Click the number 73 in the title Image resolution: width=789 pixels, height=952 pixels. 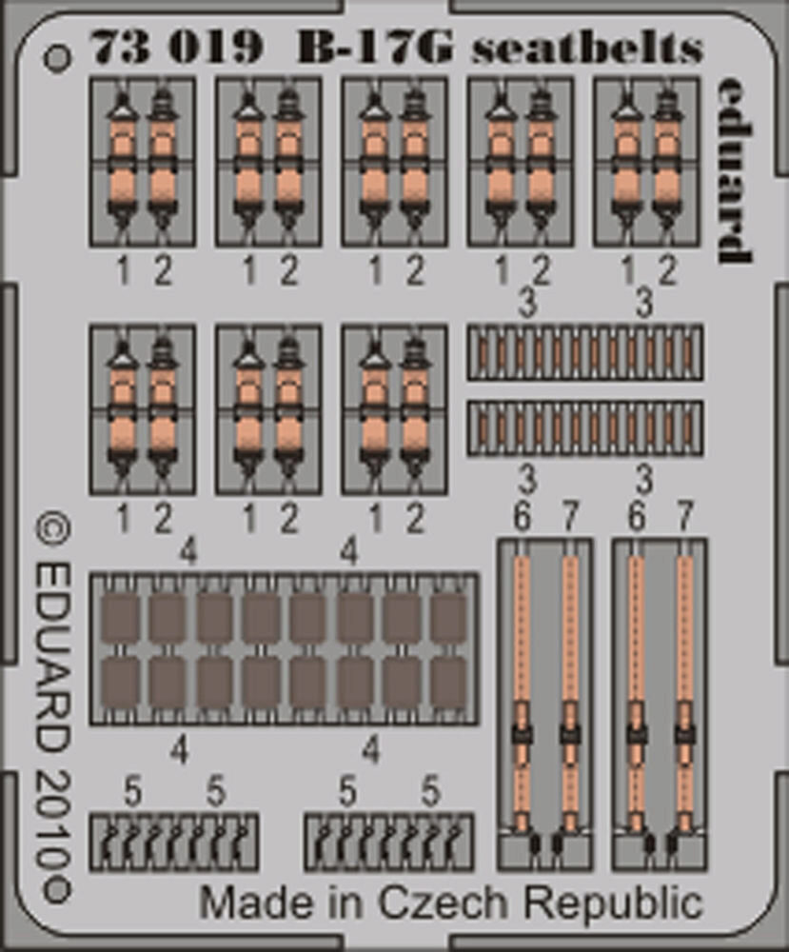(x=115, y=48)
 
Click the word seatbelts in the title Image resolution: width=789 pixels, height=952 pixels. (x=587, y=48)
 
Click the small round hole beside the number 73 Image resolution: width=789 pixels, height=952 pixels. (x=57, y=57)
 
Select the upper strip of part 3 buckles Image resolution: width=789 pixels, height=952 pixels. (x=584, y=352)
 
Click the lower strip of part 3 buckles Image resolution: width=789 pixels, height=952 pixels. (x=584, y=427)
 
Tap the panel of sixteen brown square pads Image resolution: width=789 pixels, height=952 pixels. (x=284, y=647)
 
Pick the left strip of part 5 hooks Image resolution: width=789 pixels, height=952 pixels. (x=174, y=842)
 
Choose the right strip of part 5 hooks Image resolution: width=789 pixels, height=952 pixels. (x=388, y=842)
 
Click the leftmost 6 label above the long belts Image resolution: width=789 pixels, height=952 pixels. (x=522, y=518)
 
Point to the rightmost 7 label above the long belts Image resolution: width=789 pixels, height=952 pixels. (x=683, y=518)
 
